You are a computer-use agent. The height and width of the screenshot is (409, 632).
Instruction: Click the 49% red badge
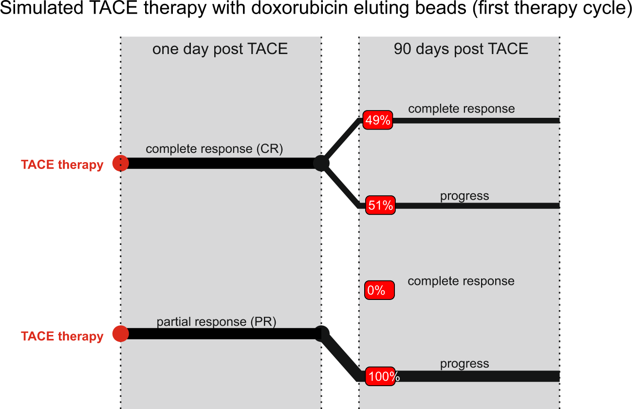[378, 120]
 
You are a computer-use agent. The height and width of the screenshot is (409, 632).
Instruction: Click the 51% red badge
[380, 205]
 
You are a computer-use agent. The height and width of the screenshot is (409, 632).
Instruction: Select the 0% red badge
[379, 291]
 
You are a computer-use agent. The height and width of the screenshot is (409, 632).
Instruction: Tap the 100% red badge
[382, 376]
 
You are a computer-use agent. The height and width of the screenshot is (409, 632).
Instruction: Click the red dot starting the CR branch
[121, 163]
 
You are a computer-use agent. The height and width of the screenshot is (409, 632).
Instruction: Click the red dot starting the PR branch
[121, 334]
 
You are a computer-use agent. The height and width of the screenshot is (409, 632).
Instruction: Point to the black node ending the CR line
[321, 163]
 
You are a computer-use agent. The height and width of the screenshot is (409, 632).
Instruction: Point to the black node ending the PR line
[321, 334]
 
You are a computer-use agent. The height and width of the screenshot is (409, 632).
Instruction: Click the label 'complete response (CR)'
[214, 149]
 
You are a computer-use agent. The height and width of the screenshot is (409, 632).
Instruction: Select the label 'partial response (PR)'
[216, 322]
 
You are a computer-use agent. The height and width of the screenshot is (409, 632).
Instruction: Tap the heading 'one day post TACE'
[220, 49]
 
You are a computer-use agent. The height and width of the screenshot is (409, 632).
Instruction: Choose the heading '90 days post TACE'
[461, 49]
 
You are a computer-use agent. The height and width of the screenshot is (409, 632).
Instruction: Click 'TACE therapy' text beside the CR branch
[62, 165]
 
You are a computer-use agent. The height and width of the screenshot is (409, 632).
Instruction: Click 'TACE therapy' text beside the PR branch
[62, 336]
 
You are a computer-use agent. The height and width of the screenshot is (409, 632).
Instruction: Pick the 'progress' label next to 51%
[465, 196]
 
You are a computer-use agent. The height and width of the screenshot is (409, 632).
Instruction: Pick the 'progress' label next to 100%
[465, 364]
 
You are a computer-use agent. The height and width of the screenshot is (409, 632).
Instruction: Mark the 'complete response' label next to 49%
[461, 109]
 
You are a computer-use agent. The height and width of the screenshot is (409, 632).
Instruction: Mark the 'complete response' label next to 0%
[461, 281]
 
